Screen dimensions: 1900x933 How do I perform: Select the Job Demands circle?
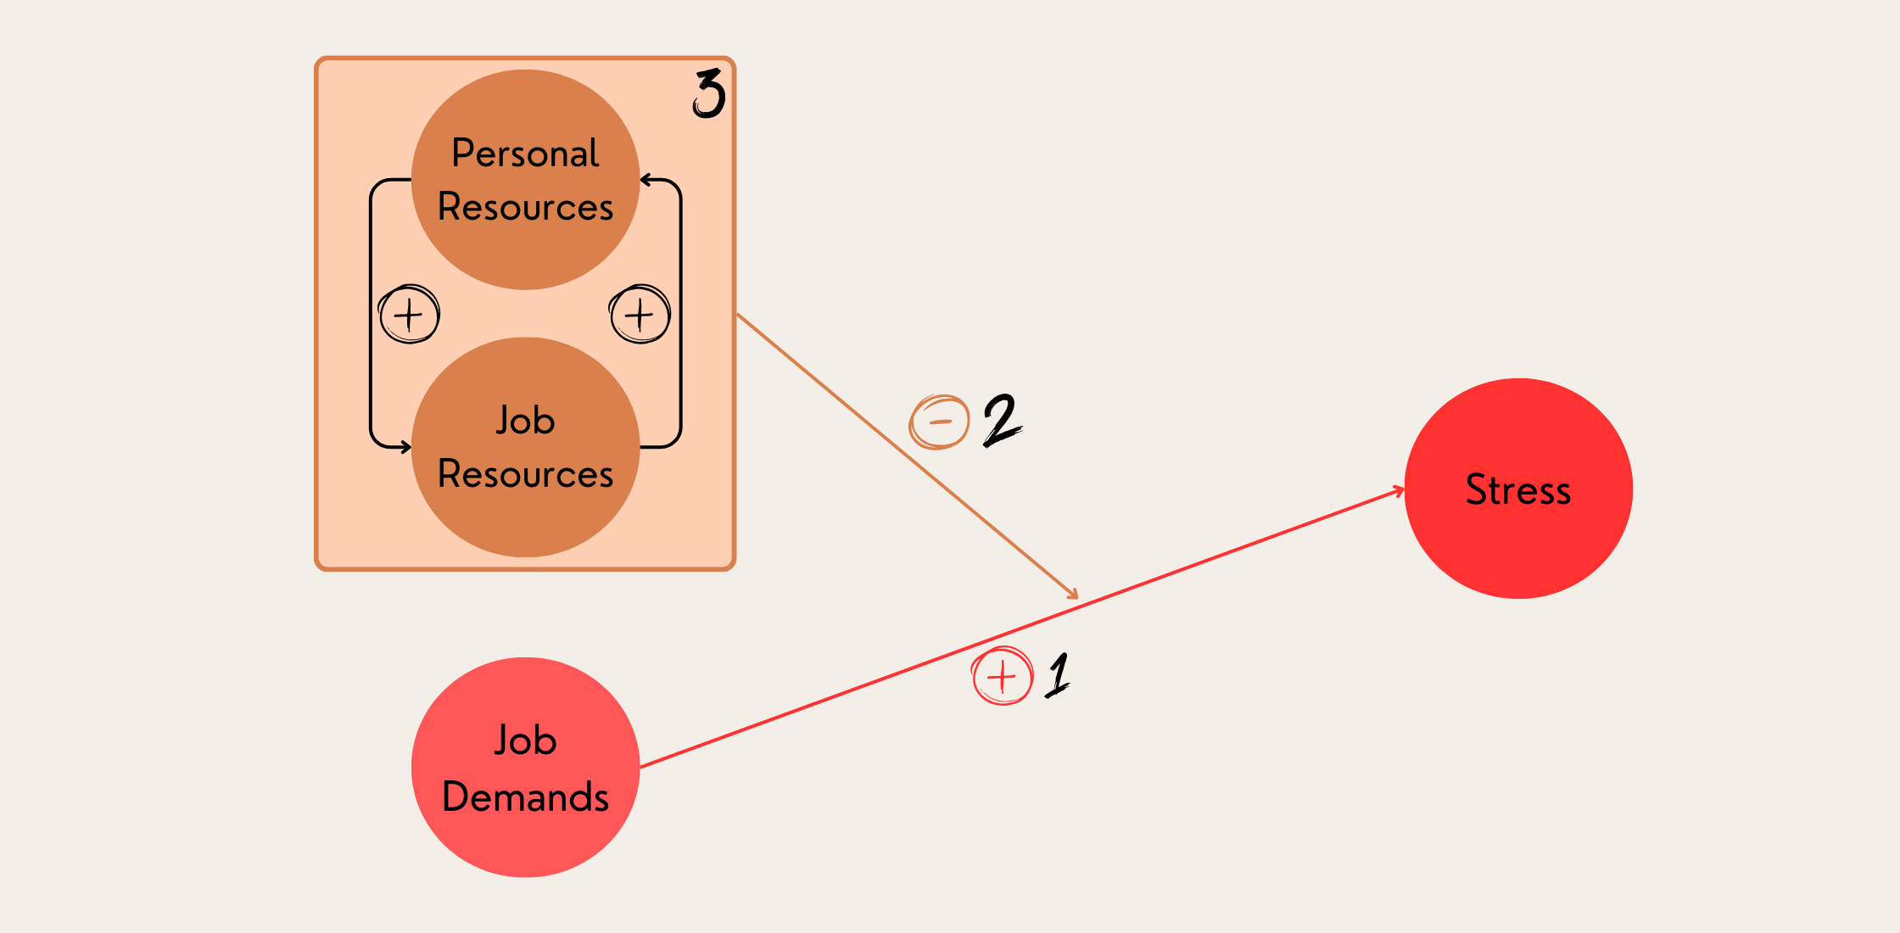point(525,840)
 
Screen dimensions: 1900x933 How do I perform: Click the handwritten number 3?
point(709,93)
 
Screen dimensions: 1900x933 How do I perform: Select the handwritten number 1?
point(1059,675)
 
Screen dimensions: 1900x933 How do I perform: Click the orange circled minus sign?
point(940,422)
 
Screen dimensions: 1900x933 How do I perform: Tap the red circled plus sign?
point(1003,677)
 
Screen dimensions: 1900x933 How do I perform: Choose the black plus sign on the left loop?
point(409,315)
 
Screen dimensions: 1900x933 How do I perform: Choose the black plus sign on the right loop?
point(640,315)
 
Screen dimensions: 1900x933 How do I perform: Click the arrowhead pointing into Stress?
point(1398,490)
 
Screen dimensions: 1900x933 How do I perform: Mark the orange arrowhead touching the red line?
point(1073,595)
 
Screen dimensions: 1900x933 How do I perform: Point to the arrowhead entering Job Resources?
point(405,447)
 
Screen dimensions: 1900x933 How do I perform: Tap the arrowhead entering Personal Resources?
point(646,180)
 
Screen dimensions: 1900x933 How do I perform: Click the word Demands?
point(525,797)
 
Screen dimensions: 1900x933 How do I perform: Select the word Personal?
point(525,154)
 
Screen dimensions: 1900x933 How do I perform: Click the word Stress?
point(1518,490)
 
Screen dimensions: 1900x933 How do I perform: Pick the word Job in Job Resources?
point(525,421)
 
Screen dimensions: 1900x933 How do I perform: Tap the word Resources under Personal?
point(525,207)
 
